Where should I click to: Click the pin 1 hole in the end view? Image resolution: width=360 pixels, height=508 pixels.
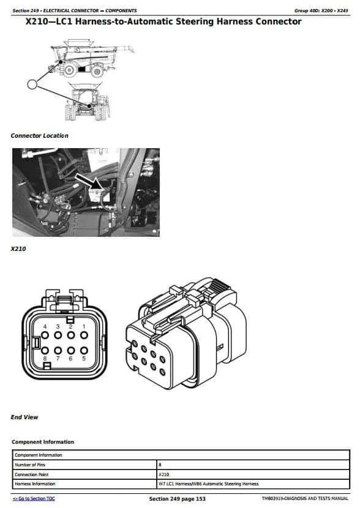pyautogui.click(x=84, y=335)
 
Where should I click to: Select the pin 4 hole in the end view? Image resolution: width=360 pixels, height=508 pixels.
pyautogui.click(x=45, y=335)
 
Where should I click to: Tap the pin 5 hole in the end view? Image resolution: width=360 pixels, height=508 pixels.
pyautogui.click(x=84, y=350)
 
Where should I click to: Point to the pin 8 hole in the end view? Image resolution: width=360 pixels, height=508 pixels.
pyautogui.click(x=45, y=350)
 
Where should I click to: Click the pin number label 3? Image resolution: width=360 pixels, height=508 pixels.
pyautogui.click(x=58, y=327)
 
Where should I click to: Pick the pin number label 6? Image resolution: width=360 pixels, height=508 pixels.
pyautogui.click(x=70, y=359)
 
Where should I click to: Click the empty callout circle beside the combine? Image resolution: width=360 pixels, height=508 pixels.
pyautogui.click(x=32, y=84)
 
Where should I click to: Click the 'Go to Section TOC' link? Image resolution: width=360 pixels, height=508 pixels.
pyautogui.click(x=34, y=499)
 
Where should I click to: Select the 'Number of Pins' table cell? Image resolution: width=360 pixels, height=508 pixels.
pyautogui.click(x=30, y=465)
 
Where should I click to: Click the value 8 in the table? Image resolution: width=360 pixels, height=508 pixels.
pyautogui.click(x=160, y=465)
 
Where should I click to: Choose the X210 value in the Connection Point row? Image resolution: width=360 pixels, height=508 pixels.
pyautogui.click(x=164, y=474)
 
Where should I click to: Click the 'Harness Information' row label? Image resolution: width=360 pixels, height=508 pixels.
pyautogui.click(x=35, y=484)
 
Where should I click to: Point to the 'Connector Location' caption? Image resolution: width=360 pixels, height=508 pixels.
pyautogui.click(x=40, y=136)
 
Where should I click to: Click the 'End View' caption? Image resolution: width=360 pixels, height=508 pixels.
pyautogui.click(x=24, y=417)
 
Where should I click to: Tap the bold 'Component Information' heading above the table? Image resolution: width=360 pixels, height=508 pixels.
pyautogui.click(x=43, y=442)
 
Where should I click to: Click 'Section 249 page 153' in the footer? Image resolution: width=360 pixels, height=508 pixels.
pyautogui.click(x=178, y=499)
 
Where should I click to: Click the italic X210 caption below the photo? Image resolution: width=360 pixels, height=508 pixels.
pyautogui.click(x=18, y=249)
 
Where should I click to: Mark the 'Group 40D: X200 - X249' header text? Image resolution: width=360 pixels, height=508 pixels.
pyautogui.click(x=321, y=10)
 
